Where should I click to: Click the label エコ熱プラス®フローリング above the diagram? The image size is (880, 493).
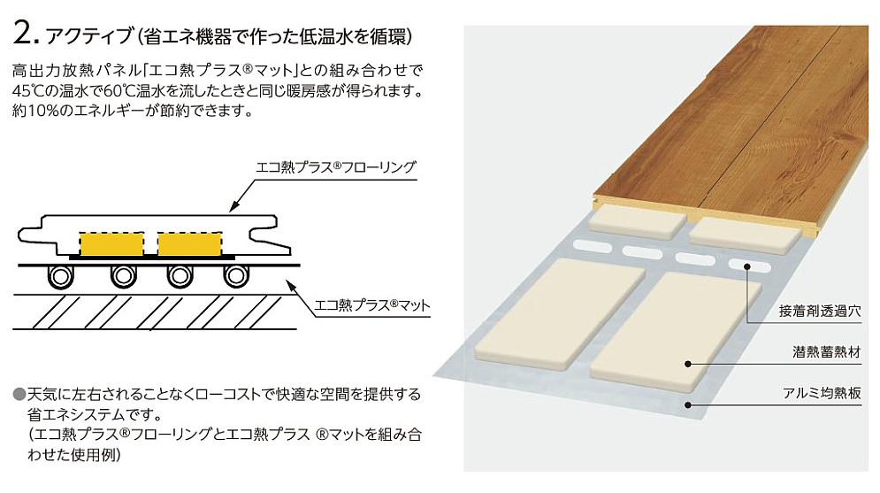pos(335,166)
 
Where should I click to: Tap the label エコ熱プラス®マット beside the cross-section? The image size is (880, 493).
pos(372,306)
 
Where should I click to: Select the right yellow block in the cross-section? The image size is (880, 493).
pos(190,242)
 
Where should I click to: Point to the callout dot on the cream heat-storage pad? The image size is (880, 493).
pos(689,363)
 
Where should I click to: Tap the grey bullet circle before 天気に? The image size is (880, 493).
pos(19,393)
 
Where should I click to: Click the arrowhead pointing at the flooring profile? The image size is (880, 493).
pos(233,208)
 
